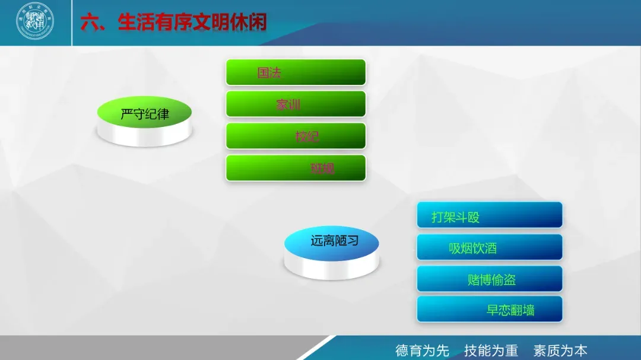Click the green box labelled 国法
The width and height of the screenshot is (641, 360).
point(296,72)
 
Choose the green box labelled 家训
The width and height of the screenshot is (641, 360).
point(296,104)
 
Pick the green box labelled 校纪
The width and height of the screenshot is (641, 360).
point(296,136)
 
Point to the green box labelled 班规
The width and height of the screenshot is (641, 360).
point(296,168)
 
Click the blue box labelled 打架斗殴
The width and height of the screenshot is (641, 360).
point(489,216)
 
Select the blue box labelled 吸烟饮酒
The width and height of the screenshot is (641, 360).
point(489,247)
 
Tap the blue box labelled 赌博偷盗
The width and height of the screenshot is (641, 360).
point(489,279)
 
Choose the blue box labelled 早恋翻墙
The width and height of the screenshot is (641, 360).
point(489,310)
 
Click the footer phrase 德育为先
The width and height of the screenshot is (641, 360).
point(422,350)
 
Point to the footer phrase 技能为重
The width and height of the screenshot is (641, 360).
point(491,350)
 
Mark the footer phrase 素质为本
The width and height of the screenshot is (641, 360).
point(560,350)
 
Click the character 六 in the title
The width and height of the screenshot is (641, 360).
point(90,23)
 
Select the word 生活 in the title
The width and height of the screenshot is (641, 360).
point(136,23)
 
